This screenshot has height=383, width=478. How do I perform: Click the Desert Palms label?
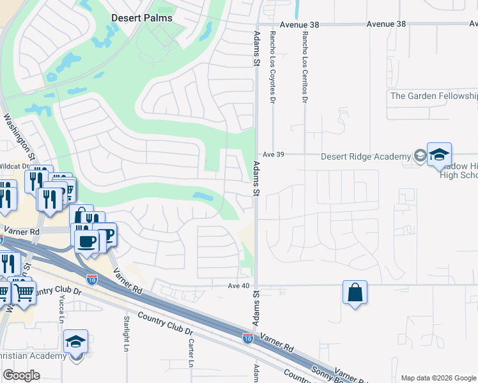coord(142,18)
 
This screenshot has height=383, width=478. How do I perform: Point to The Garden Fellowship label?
coord(434,96)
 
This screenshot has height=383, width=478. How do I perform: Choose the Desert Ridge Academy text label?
coord(366,157)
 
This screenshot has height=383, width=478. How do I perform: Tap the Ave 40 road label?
coord(238,285)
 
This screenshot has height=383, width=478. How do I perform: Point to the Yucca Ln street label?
coord(62,312)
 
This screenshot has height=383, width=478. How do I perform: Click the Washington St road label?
coord(19,137)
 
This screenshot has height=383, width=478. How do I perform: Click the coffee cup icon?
coord(86,241)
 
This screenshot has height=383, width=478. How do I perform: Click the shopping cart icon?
coord(24,293)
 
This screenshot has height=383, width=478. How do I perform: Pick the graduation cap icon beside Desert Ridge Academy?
coord(439,154)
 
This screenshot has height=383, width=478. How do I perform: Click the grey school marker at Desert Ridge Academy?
coord(420,155)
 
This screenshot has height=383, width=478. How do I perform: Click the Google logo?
coord(21,375)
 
